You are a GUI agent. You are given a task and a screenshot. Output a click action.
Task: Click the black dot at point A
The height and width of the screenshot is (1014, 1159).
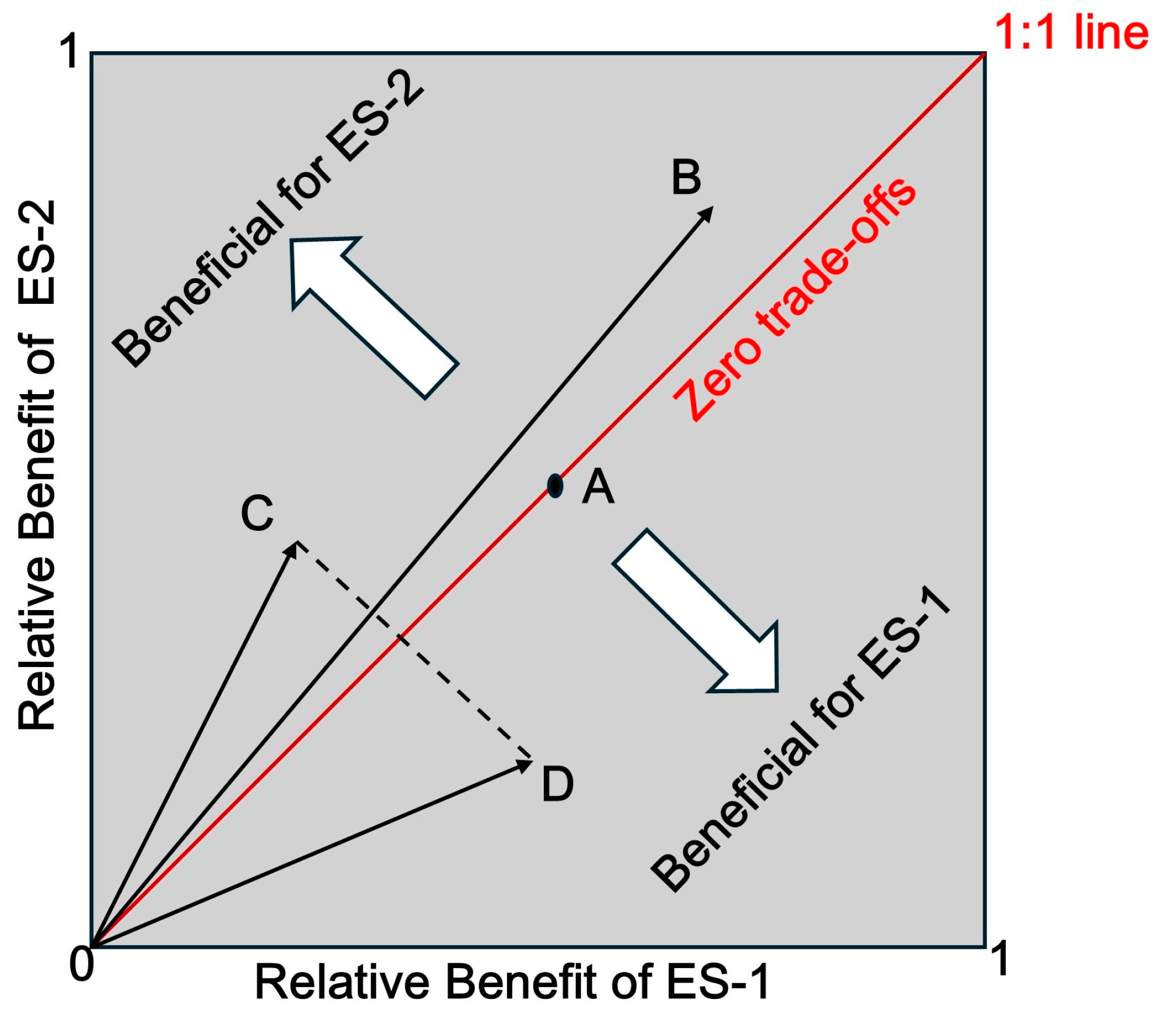tap(555, 485)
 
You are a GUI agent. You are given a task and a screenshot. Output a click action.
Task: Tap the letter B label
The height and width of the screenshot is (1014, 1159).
tap(686, 178)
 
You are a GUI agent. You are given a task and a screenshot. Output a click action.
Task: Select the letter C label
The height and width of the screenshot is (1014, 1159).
tap(257, 513)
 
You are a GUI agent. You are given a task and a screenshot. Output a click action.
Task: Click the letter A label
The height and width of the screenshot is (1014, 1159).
tap(598, 487)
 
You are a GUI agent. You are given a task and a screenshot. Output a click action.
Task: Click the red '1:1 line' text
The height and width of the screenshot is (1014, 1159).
tap(1071, 33)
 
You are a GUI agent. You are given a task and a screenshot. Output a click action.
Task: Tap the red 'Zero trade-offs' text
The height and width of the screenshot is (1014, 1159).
tap(795, 299)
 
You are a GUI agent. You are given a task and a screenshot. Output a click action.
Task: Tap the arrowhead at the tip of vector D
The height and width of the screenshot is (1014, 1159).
tap(524, 764)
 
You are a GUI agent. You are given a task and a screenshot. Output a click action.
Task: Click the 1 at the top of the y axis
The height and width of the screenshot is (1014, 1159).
tap(71, 51)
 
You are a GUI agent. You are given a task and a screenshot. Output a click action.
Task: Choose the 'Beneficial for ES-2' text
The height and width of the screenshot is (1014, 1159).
tap(268, 218)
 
